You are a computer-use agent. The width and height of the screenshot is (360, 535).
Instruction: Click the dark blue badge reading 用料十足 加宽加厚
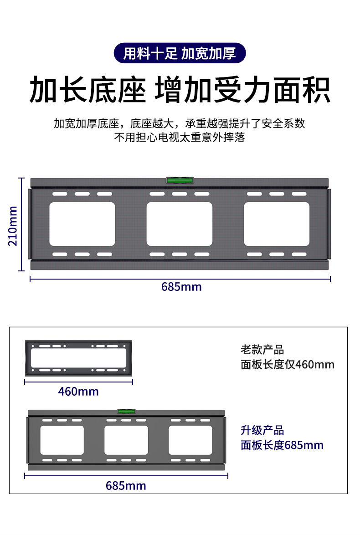(180, 54)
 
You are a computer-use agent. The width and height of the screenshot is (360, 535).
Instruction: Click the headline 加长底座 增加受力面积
(180, 90)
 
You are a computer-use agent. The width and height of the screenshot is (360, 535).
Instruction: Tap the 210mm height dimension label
(13, 225)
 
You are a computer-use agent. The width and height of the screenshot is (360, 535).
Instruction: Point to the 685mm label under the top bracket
(181, 287)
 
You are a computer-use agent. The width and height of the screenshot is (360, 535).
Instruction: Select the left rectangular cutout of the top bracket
(82, 224)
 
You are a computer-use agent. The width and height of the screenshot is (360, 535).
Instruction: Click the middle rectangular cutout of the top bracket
(179, 224)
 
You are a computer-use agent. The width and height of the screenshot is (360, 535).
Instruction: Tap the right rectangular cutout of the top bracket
(277, 224)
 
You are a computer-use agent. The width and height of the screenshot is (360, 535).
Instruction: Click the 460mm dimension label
(78, 391)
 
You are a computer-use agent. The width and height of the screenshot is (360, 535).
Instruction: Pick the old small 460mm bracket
(78, 357)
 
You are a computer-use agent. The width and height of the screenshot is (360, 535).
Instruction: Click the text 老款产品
(262, 350)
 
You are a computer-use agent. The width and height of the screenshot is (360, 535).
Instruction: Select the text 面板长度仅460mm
(287, 365)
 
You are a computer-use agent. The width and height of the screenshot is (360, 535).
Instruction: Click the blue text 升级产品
(262, 430)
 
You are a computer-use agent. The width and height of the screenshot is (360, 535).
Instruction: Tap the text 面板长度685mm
(282, 445)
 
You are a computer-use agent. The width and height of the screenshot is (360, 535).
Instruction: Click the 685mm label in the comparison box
(126, 485)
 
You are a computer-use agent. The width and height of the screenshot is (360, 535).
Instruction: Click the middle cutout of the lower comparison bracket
(126, 440)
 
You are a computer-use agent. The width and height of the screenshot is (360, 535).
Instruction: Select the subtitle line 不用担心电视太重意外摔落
(180, 138)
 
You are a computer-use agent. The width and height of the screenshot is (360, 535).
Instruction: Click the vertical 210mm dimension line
(21, 224)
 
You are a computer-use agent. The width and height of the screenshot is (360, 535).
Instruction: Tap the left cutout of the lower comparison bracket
(62, 440)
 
